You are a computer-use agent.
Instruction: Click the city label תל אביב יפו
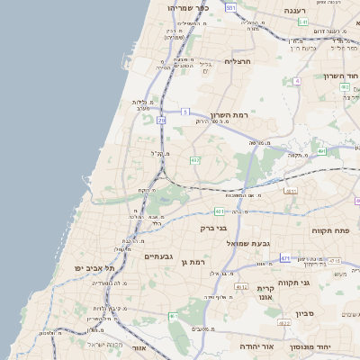coord(97,268)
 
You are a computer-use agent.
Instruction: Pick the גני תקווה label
coord(319,283)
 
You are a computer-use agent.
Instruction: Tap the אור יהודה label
coord(256,345)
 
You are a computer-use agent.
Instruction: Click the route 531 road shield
coord(230,7)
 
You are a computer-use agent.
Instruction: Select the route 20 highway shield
coord(161,119)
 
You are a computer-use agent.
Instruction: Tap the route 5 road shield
coord(184,112)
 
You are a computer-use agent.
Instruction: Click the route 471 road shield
coord(285,258)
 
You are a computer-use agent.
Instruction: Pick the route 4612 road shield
coord(240,287)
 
